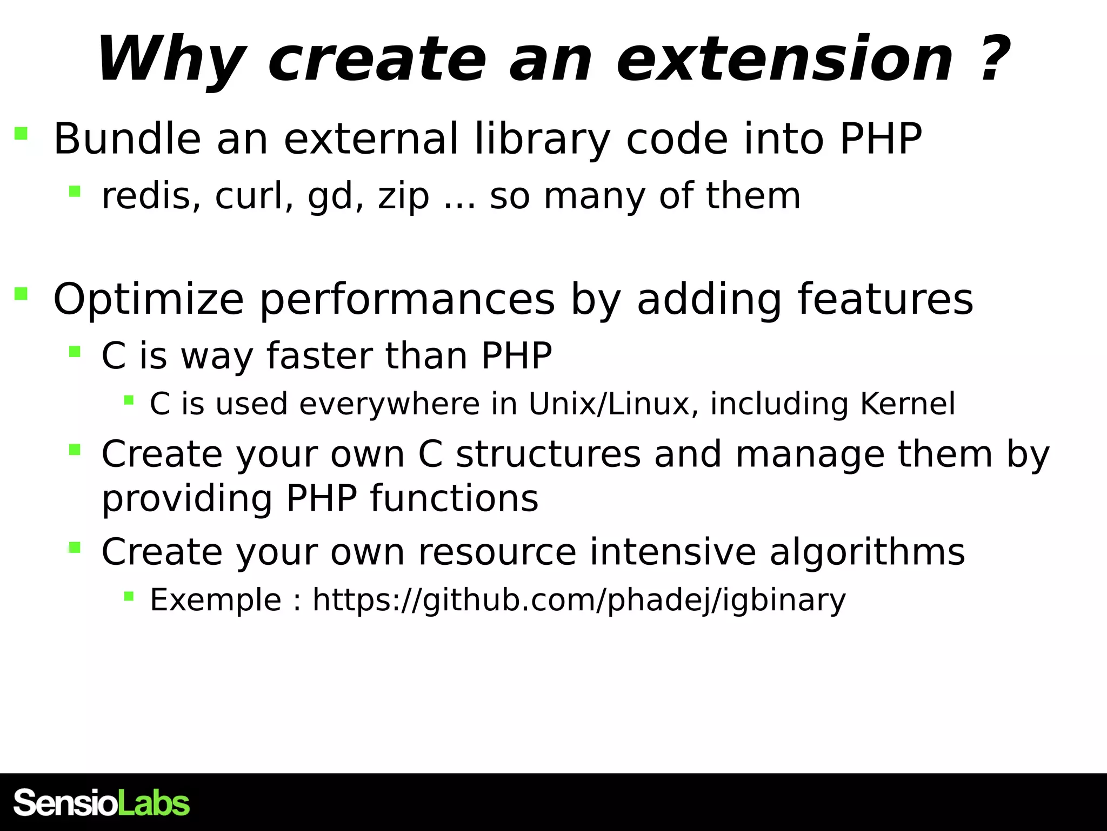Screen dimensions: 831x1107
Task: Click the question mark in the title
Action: click(992, 58)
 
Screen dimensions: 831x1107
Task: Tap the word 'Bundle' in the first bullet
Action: click(127, 139)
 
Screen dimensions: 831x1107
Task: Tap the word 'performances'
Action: click(407, 300)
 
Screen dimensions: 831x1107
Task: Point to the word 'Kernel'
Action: click(907, 404)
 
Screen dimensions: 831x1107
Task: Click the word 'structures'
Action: click(548, 454)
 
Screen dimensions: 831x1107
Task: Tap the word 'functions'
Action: click(454, 498)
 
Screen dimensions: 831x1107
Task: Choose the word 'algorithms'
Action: click(867, 552)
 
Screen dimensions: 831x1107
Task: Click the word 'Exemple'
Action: click(215, 600)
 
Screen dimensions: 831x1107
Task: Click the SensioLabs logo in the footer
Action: click(102, 803)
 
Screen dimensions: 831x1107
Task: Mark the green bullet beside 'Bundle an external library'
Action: click(21, 133)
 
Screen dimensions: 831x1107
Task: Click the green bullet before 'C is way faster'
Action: click(75, 352)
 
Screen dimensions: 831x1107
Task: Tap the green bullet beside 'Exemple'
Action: click(129, 596)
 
